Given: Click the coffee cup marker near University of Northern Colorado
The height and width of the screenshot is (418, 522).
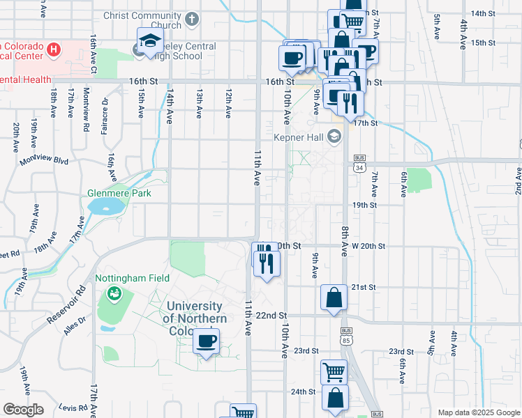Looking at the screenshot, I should (206, 341).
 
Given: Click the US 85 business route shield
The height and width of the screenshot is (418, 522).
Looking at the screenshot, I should (346, 336).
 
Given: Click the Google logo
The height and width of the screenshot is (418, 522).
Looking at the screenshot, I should (24, 410).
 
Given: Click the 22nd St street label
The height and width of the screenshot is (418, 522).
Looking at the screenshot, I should (271, 316).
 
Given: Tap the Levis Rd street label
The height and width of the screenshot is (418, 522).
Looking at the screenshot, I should (72, 406).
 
